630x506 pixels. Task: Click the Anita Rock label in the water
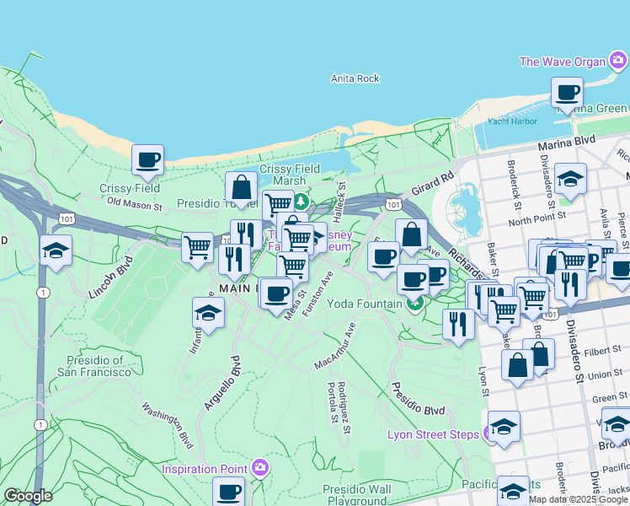coord(355,78)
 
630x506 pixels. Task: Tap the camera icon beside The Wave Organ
coord(618,60)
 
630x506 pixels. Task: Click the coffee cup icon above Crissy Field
coord(148,159)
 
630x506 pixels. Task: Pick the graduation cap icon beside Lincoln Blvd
coord(56,250)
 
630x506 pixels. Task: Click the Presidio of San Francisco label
coord(94,366)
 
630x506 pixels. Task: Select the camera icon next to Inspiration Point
coord(260,467)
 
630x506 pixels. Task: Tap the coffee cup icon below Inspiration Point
coord(228,491)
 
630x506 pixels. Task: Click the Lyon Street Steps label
coord(433,435)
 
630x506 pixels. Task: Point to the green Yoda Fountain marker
coord(414,304)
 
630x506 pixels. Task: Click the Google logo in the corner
coord(28,496)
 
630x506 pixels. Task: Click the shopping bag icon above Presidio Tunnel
coord(242,186)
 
